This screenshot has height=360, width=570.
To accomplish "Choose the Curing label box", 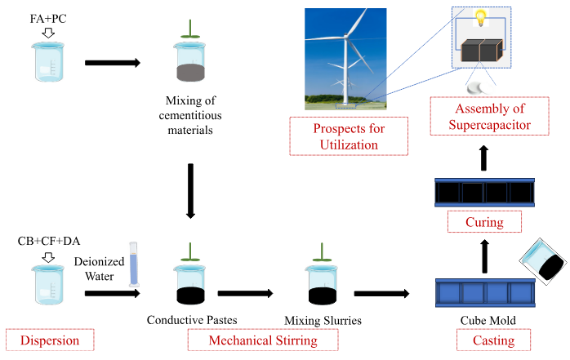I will [x=481, y=222].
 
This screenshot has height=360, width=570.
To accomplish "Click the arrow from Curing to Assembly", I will [x=483, y=157].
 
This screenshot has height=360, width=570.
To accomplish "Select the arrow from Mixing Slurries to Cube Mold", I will [x=381, y=292].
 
